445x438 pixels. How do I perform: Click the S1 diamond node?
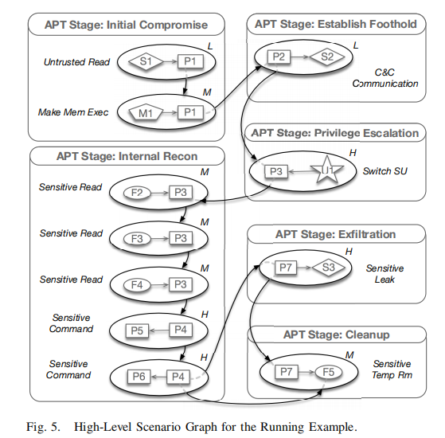point(146,61)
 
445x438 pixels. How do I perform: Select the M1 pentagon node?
point(145,112)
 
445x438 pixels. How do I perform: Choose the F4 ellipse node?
point(138,283)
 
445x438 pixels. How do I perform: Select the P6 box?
point(138,376)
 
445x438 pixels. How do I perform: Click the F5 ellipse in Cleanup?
point(326,371)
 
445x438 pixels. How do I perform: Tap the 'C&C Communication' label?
point(386,76)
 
